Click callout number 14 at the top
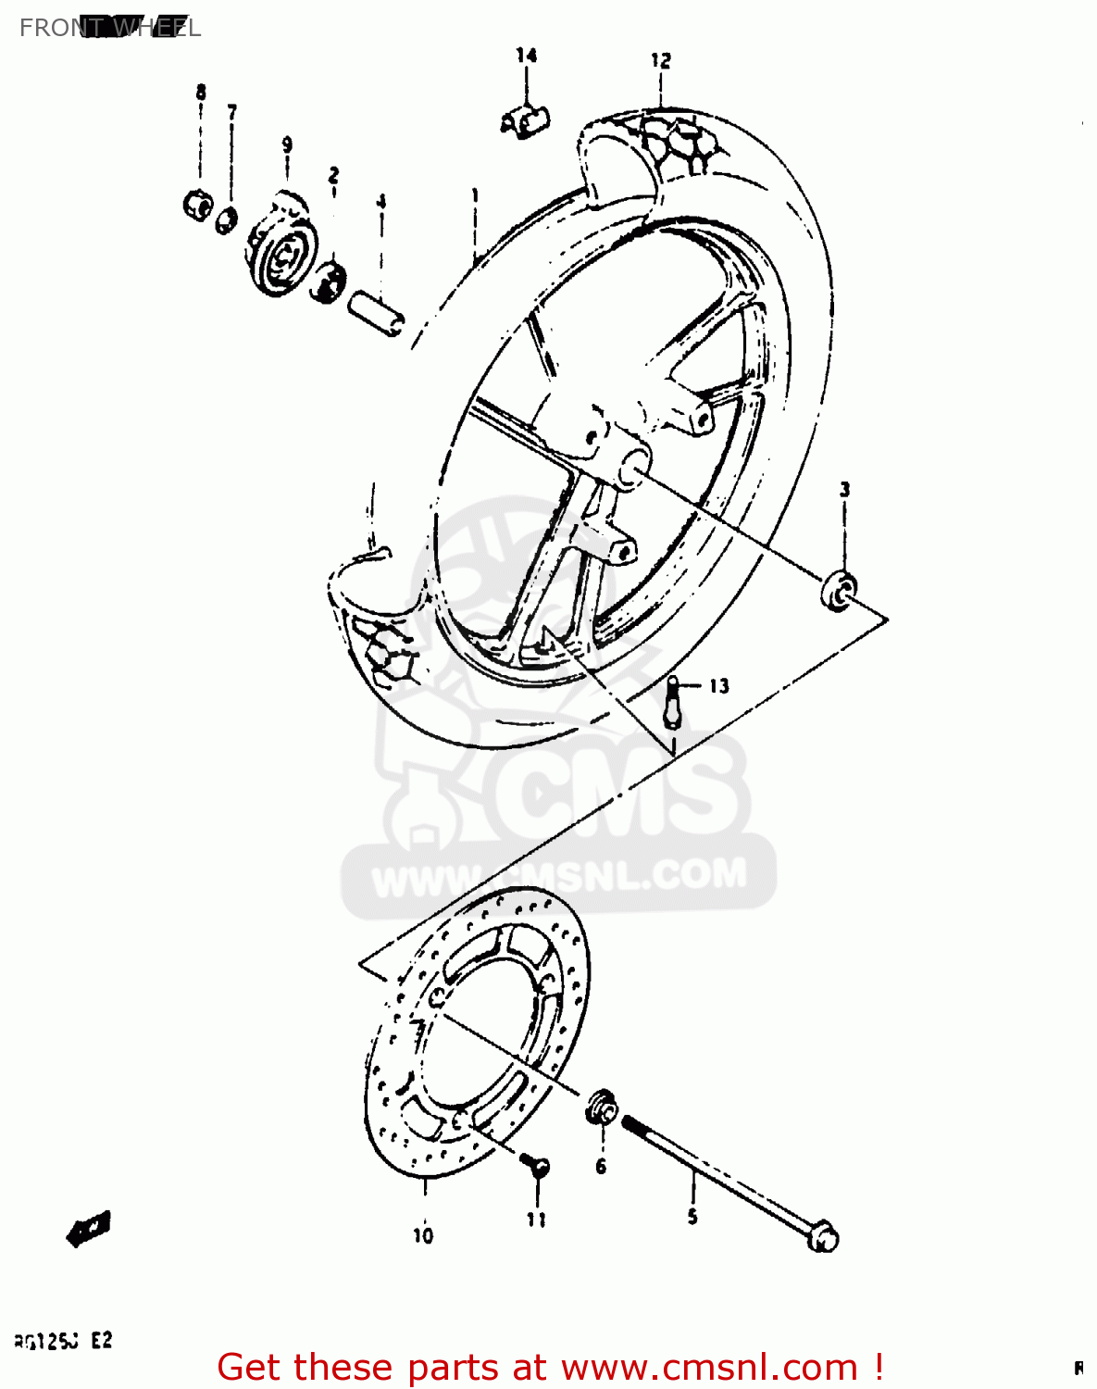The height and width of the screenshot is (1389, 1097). pos(527,56)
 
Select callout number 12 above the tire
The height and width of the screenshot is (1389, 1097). pos(660,61)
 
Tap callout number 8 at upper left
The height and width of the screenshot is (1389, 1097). pos(201,92)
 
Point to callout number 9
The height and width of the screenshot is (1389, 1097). pos(287,144)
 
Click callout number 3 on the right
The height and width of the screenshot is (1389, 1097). pos(844,489)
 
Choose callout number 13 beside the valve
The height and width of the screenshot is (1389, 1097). pos(719,686)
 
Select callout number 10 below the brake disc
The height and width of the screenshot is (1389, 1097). pos(423,1235)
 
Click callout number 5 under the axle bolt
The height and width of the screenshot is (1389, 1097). pos(692,1217)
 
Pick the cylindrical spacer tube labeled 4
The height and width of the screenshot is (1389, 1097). pos(377,312)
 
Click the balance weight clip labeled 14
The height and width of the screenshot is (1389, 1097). pos(526,121)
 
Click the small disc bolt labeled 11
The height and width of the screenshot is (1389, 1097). pos(535,1164)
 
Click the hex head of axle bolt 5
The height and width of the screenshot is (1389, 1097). pos(822,1237)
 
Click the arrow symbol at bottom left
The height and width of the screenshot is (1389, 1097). pos(90,1230)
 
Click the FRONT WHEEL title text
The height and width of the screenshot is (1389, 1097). pos(109,28)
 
